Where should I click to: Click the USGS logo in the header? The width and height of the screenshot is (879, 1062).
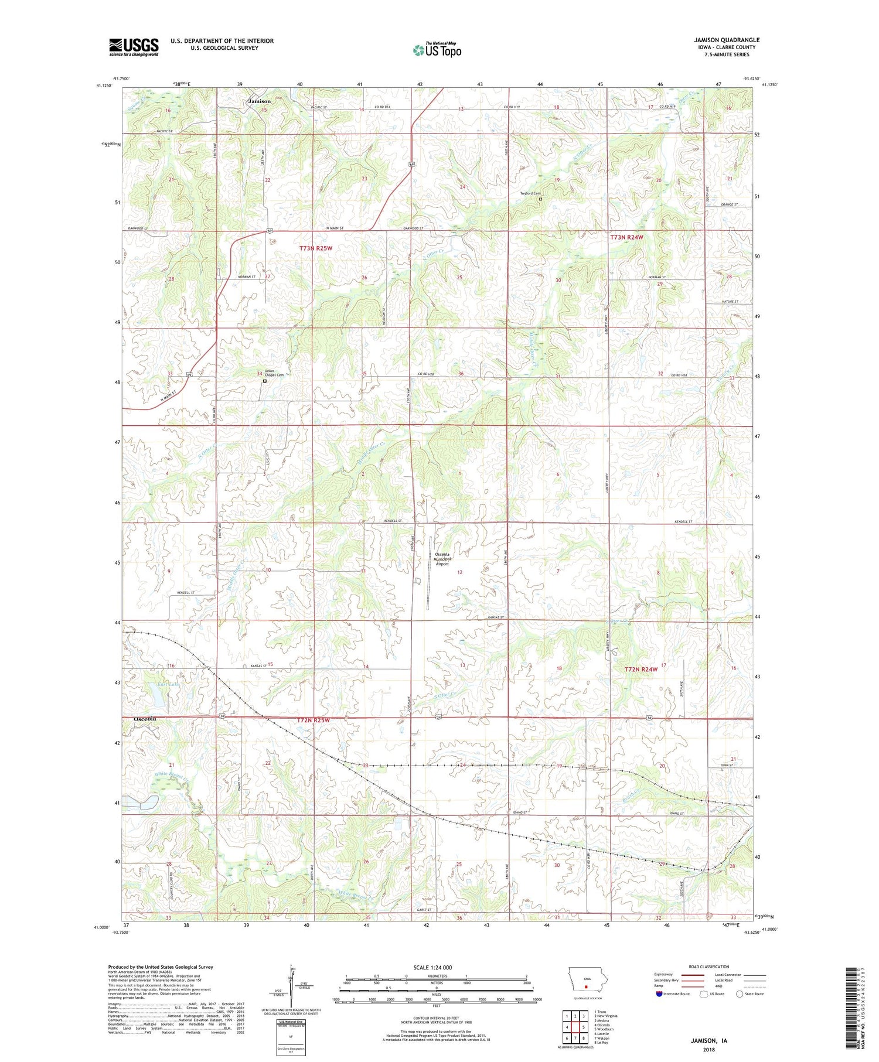pyautogui.click(x=134, y=47)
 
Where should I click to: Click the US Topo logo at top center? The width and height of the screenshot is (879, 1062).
pyautogui.click(x=437, y=50)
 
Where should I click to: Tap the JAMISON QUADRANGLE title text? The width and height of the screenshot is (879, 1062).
pyautogui.click(x=727, y=40)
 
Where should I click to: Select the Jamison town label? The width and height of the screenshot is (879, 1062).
pyautogui.click(x=260, y=101)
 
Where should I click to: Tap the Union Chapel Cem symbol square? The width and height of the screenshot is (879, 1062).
pyautogui.click(x=265, y=381)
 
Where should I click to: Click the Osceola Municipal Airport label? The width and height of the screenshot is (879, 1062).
pyautogui.click(x=442, y=559)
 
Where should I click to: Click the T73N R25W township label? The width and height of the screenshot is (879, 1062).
pyautogui.click(x=316, y=248)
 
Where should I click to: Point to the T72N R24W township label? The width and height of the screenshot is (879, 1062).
pyautogui.click(x=641, y=669)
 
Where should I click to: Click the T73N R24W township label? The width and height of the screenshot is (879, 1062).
pyautogui.click(x=626, y=237)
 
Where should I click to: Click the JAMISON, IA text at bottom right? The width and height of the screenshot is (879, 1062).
pyautogui.click(x=708, y=1040)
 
